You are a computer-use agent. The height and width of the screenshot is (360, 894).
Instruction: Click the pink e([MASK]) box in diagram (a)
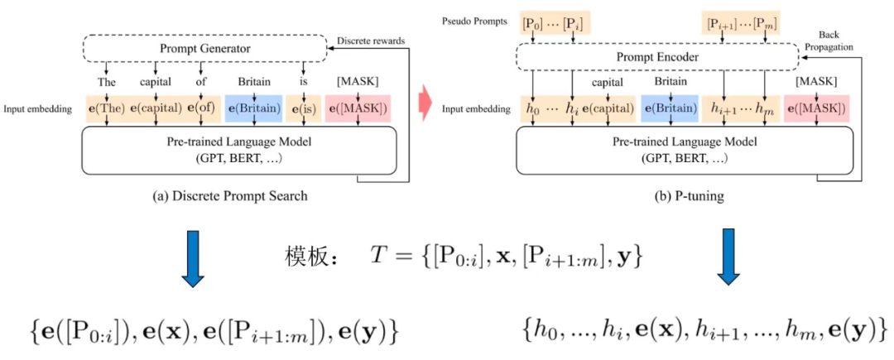[357, 108]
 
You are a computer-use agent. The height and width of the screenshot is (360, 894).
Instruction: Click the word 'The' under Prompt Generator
[107, 82]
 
